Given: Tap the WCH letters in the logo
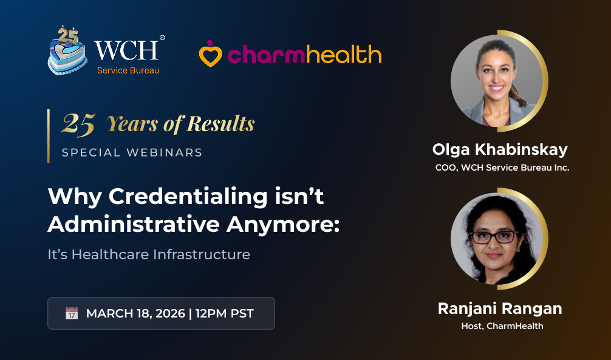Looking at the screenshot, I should coord(126,50).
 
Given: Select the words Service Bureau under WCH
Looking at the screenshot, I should coord(128,71).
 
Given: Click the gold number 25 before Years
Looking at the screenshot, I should coord(78,124).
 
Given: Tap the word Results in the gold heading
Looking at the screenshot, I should coord(220,124).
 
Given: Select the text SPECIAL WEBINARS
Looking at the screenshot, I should coord(132,152).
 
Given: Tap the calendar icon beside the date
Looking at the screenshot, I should coord(72,313).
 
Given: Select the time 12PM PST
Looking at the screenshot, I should coord(224,314).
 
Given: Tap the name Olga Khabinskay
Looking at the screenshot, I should coord(500,149).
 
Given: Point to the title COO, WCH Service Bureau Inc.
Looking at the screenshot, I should coord(502,168).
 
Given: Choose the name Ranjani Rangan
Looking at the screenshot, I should coord(500,308).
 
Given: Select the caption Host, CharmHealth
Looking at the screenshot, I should coord(502,326).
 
